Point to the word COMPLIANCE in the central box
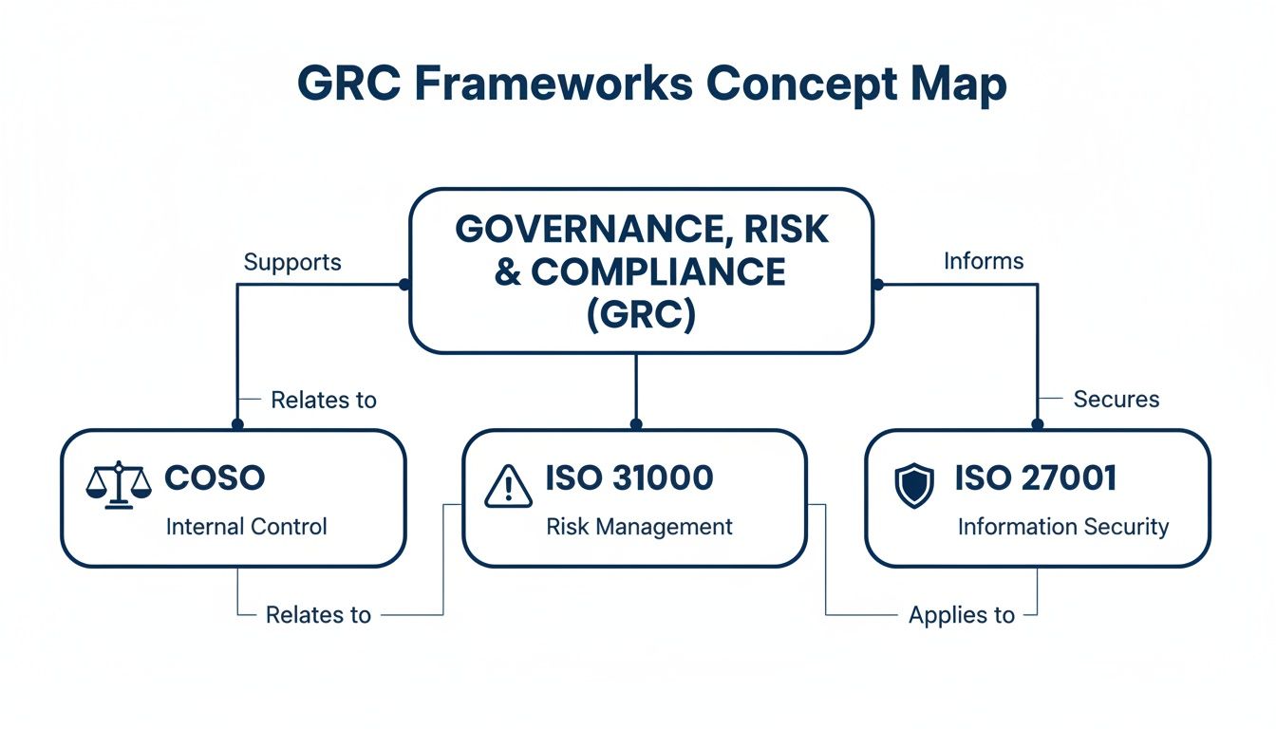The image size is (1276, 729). [x=658, y=272]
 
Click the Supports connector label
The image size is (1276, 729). [x=292, y=262]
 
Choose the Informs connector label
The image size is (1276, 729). [x=984, y=261]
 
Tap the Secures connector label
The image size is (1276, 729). [x=1116, y=399]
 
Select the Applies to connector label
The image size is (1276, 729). [x=961, y=615]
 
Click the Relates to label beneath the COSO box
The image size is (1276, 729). [x=318, y=615]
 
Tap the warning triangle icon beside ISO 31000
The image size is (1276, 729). [x=510, y=486]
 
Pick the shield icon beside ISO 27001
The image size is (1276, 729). [x=915, y=485]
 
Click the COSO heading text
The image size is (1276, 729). [x=215, y=478]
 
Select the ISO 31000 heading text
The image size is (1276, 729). [x=629, y=478]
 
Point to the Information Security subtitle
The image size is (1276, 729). [x=1062, y=526]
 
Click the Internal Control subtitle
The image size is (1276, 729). [x=246, y=526]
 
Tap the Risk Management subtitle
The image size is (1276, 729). [x=639, y=526]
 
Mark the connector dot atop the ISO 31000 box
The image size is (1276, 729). [x=635, y=424]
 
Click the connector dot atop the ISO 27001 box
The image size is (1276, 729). [x=1037, y=424]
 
